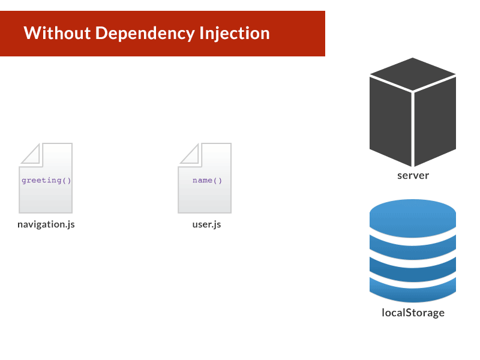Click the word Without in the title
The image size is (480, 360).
click(x=57, y=33)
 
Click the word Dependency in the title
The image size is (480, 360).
click(x=145, y=34)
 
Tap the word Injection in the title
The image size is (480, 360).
click(x=235, y=34)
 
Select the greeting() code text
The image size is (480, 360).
click(x=46, y=181)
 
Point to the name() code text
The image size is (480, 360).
click(x=207, y=181)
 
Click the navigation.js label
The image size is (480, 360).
click(x=46, y=224)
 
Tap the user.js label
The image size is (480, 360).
click(x=206, y=224)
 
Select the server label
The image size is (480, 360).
click(x=413, y=175)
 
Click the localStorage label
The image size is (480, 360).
click(x=413, y=313)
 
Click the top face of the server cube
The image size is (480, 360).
click(x=413, y=74)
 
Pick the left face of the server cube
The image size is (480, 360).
click(x=391, y=121)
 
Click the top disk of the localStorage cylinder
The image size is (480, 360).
click(x=413, y=218)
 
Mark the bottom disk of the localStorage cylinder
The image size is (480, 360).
click(x=413, y=291)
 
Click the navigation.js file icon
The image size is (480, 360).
click(x=46, y=178)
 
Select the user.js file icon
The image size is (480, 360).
click(x=205, y=178)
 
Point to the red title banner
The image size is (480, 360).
click(x=163, y=34)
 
